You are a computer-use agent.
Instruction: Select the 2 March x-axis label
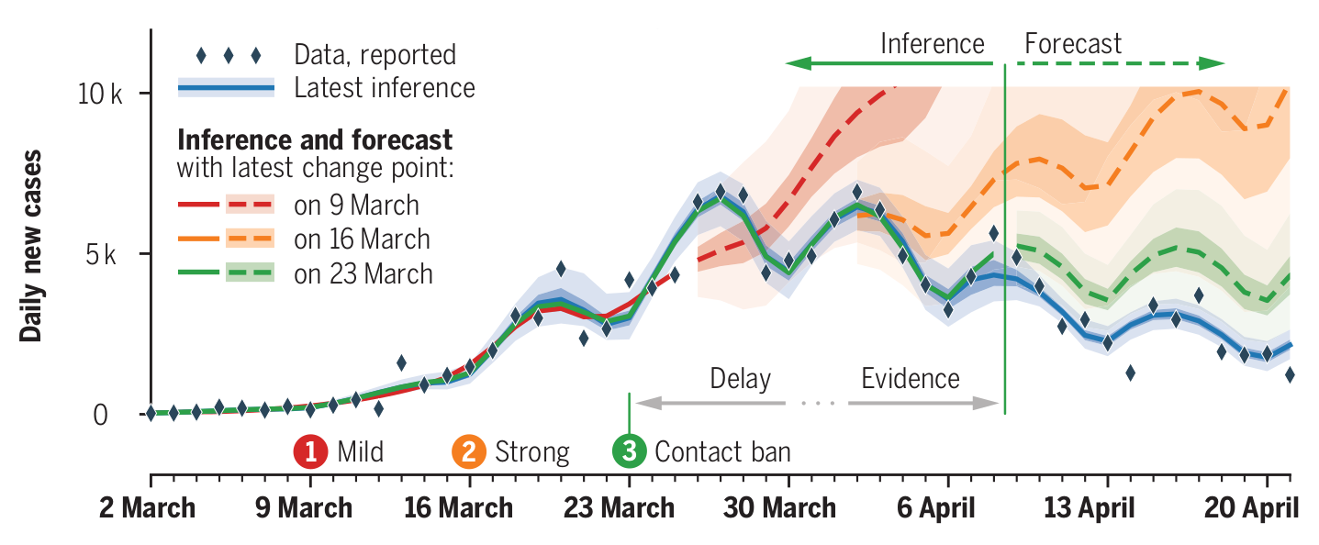point(147,507)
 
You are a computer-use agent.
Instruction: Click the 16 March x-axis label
point(459,507)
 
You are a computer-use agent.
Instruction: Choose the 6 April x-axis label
point(946,507)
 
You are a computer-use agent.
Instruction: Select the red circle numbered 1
point(311,451)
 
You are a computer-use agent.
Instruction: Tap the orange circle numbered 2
point(469,451)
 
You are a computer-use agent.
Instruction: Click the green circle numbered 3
point(629,451)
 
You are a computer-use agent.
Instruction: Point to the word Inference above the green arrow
point(932,44)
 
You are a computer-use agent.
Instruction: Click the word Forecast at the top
point(1072,44)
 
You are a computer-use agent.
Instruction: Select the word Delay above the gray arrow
point(741,379)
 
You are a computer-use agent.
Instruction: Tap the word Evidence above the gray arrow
point(910,379)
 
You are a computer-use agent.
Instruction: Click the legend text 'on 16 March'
point(362,239)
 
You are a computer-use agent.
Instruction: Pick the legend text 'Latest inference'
point(385,88)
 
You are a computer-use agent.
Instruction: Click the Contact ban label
point(722,451)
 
